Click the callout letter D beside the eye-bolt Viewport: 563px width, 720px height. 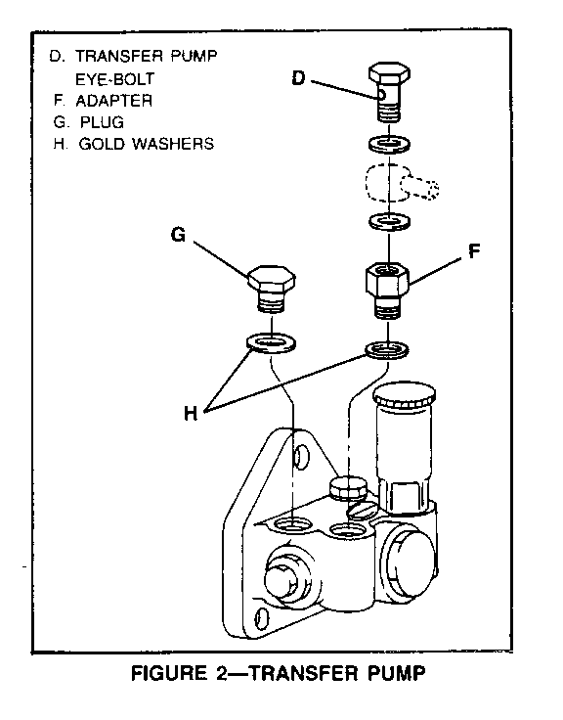point(298,78)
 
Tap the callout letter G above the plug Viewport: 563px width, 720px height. point(179,235)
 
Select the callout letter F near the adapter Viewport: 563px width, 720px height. point(474,250)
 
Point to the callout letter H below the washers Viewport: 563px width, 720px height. point(191,413)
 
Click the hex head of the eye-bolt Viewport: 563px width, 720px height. point(389,74)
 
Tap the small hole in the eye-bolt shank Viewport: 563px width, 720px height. point(382,95)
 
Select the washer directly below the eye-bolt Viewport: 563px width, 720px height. point(389,144)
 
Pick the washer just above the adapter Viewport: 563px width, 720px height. point(390,222)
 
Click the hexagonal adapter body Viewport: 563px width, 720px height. point(388,280)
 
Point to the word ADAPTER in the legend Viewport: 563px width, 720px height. point(113,101)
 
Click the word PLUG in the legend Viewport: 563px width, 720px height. point(102,122)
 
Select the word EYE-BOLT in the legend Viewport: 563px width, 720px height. point(114,79)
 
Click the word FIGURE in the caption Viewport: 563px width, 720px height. point(169,674)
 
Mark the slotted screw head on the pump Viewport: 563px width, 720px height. point(363,509)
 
